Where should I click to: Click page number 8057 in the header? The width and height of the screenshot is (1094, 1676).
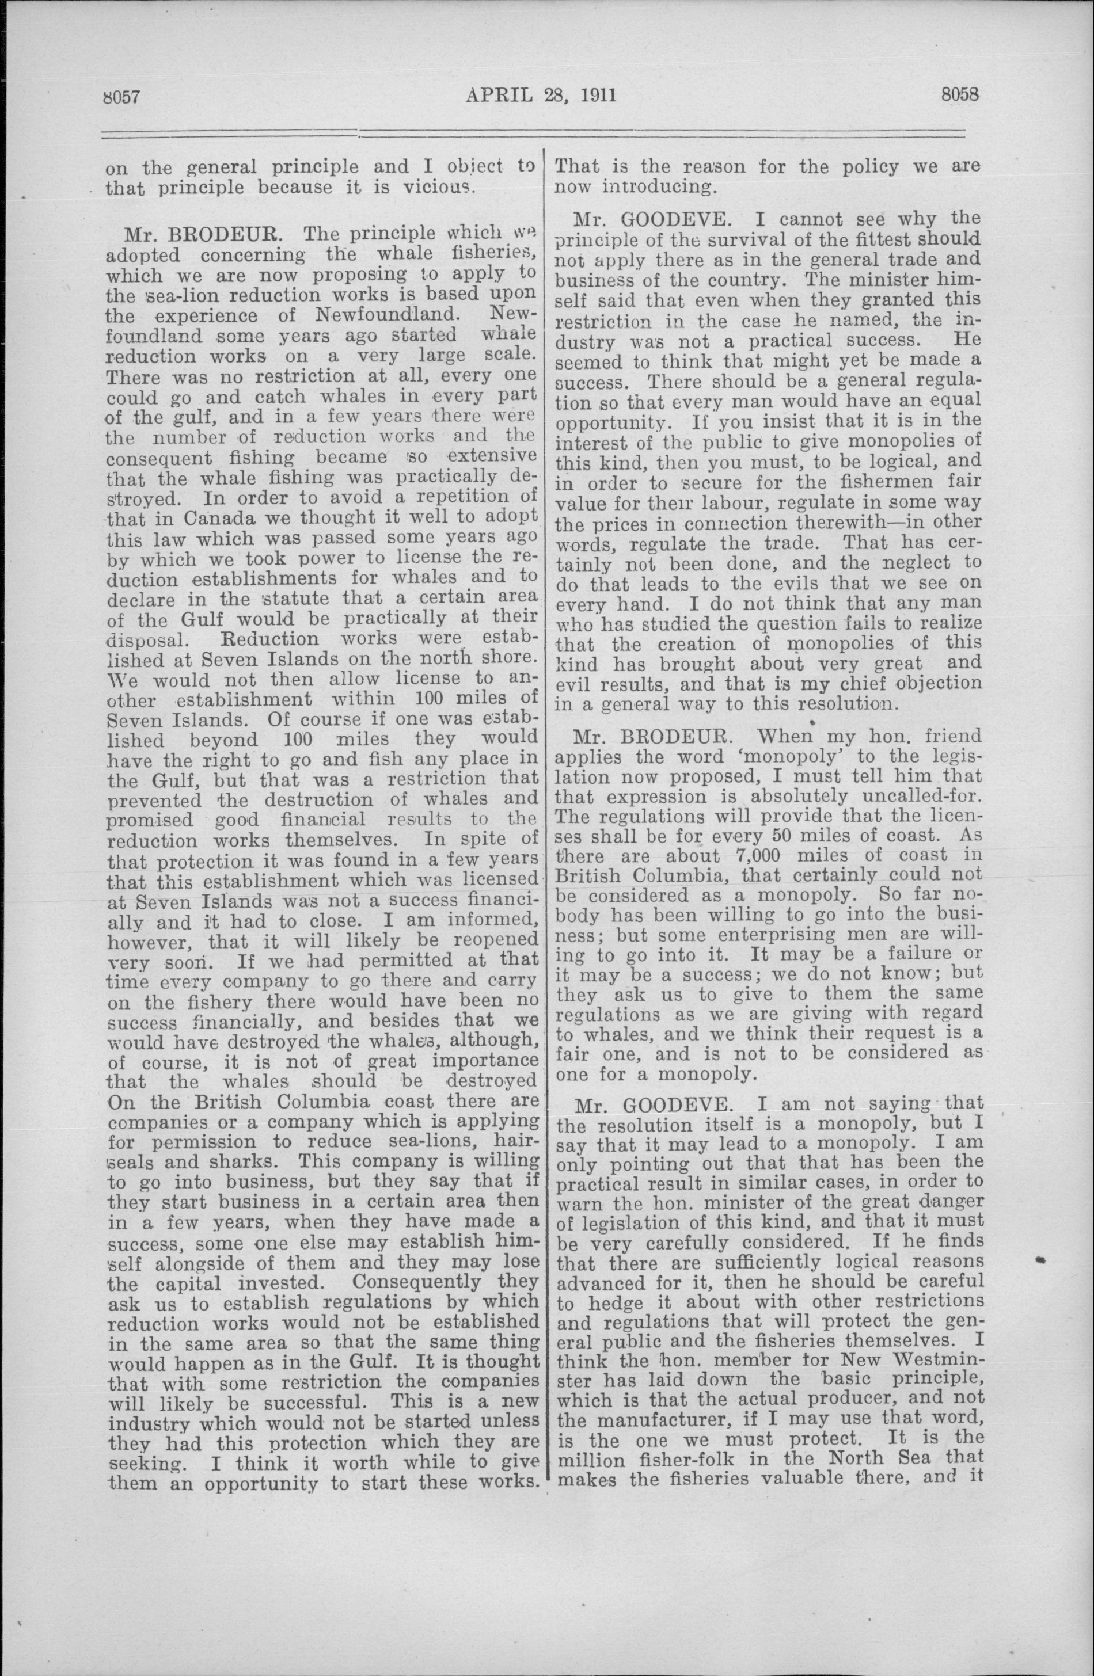click(x=124, y=95)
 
